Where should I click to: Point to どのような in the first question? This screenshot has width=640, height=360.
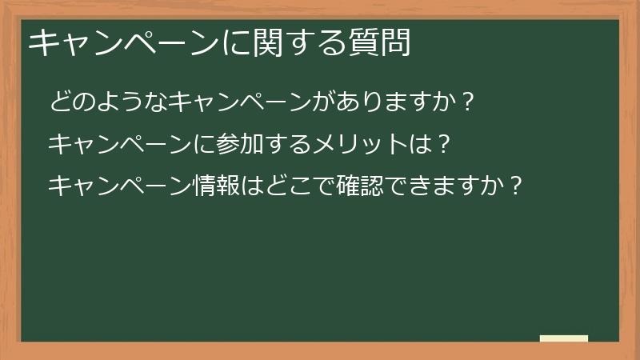click(x=108, y=102)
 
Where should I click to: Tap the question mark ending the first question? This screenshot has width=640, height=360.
click(x=469, y=102)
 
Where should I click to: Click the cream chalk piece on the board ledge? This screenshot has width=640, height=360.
click(x=564, y=338)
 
